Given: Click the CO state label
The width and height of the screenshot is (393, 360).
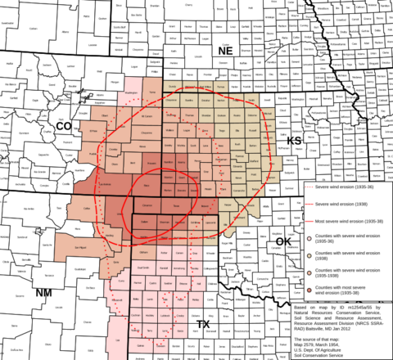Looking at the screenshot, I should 63,126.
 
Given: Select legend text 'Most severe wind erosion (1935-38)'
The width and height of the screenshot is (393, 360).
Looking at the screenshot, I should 347,221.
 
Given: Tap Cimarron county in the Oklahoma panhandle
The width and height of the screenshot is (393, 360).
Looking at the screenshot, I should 147,205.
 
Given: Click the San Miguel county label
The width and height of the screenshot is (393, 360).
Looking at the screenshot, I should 79,247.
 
